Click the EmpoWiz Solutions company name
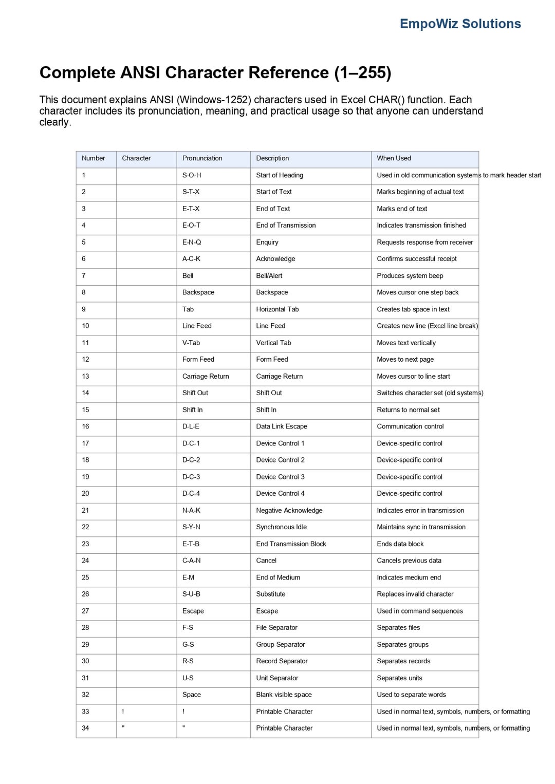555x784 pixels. tap(460, 24)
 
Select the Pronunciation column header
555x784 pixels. tap(202, 158)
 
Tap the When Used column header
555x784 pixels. tap(394, 158)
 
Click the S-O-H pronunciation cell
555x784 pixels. tap(192, 175)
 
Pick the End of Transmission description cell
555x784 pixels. tap(286, 225)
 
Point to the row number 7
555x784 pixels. tap(84, 275)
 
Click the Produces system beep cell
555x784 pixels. tap(410, 275)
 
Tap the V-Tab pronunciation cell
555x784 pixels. tap(191, 343)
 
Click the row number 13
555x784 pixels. tap(85, 376)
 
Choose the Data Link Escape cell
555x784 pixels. tap(282, 426)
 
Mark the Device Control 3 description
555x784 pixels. tap(280, 477)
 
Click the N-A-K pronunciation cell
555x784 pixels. tap(191, 510)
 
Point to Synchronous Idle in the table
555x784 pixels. tap(281, 527)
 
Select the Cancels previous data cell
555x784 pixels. tap(409, 561)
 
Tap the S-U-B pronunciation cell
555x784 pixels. tap(191, 594)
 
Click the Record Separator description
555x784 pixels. tap(282, 661)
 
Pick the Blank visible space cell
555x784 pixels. tap(284, 695)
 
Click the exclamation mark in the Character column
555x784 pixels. tap(123, 712)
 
